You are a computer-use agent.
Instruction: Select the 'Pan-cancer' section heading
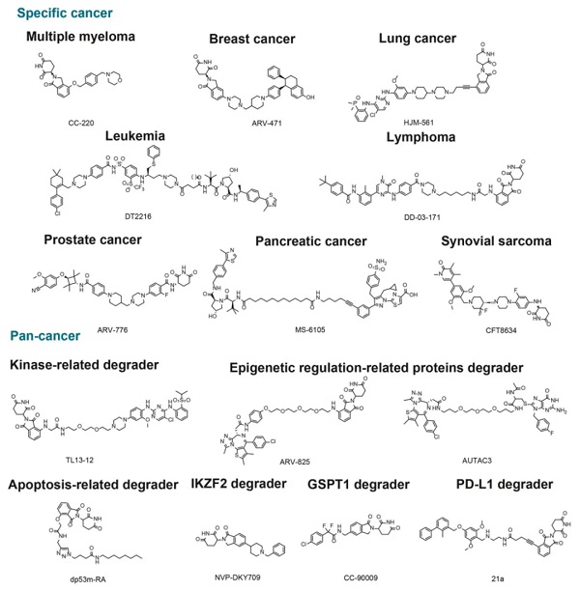point(47,337)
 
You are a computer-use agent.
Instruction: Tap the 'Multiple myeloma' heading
point(81,37)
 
